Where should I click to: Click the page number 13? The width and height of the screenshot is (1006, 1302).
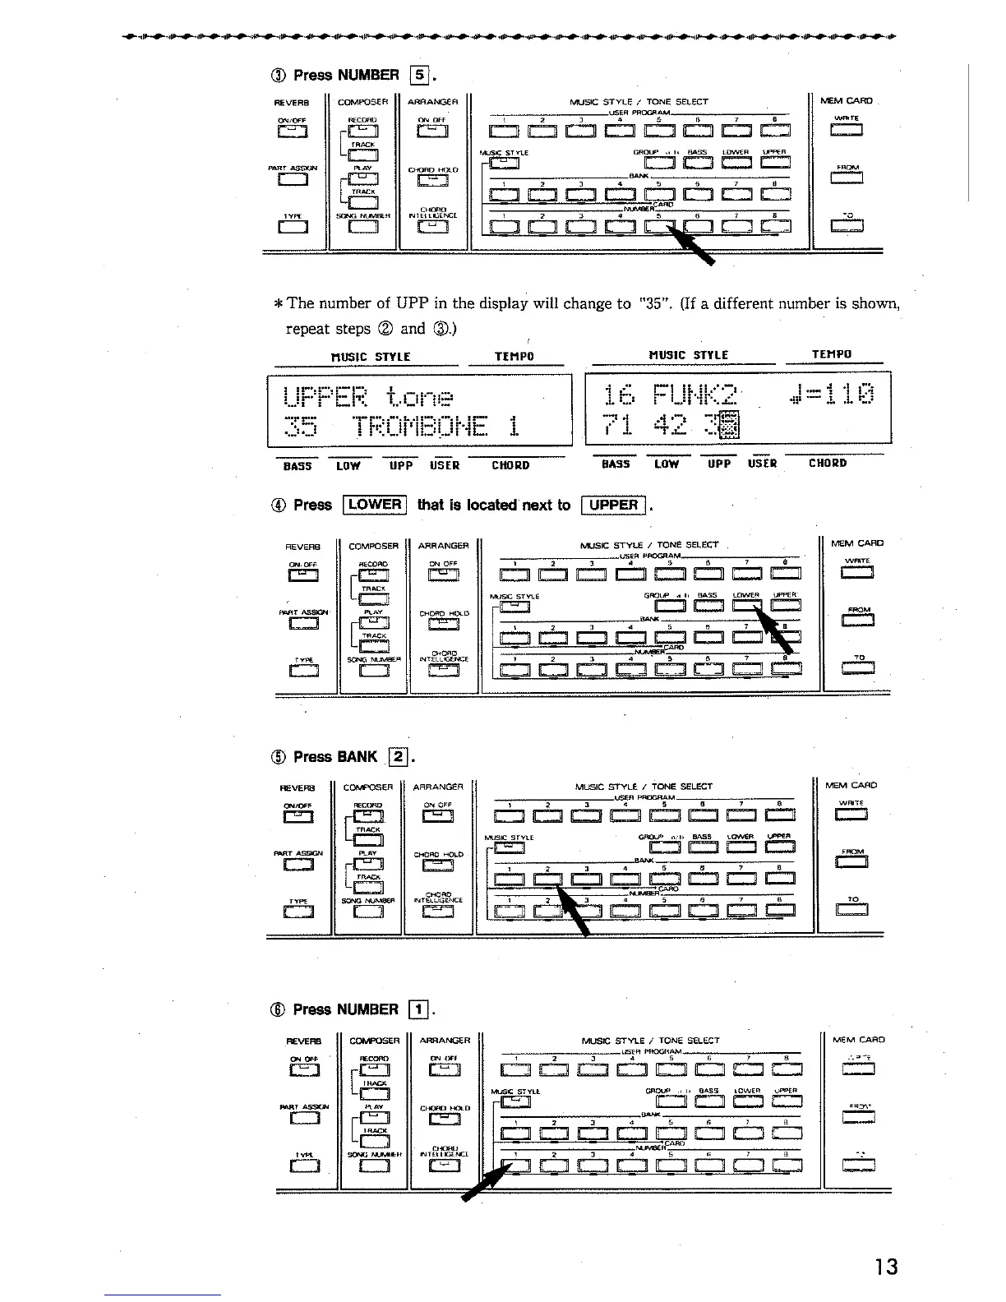click(886, 1267)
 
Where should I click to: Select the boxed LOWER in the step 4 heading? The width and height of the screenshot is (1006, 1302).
click(375, 505)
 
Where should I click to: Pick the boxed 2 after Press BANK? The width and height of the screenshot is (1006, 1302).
click(397, 756)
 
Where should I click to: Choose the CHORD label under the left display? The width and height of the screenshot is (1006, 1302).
click(510, 465)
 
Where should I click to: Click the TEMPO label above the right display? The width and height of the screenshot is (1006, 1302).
click(832, 355)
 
